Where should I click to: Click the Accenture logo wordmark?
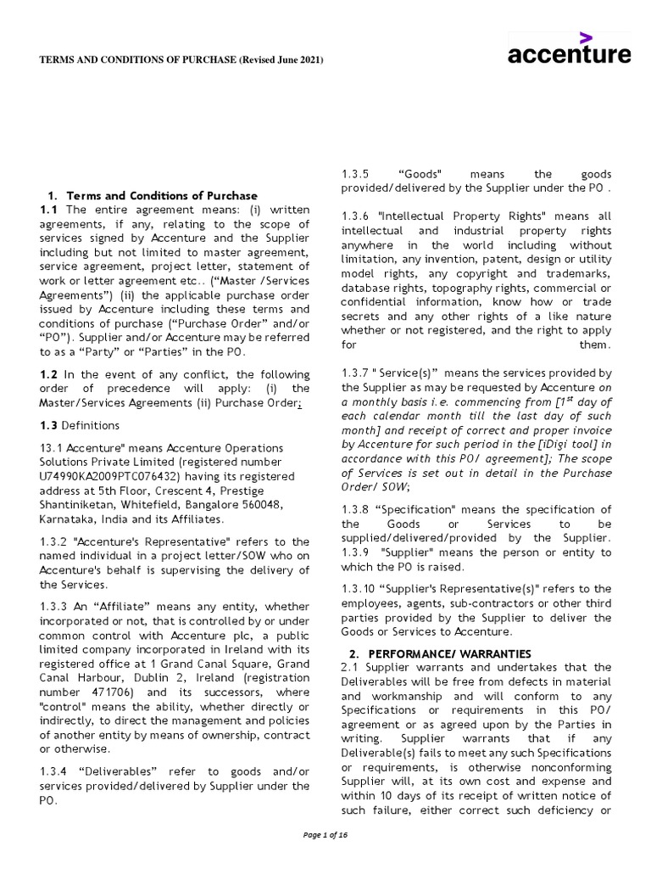(x=569, y=55)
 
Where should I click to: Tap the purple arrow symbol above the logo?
(x=585, y=36)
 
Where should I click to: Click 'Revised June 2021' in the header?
(x=281, y=59)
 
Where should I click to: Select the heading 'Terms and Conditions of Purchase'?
(x=162, y=195)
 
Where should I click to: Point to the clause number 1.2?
(x=48, y=374)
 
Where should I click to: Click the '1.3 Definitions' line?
(x=80, y=425)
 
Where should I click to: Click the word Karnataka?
(x=69, y=519)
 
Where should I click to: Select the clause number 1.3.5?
(x=356, y=174)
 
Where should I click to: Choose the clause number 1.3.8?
(x=356, y=509)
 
